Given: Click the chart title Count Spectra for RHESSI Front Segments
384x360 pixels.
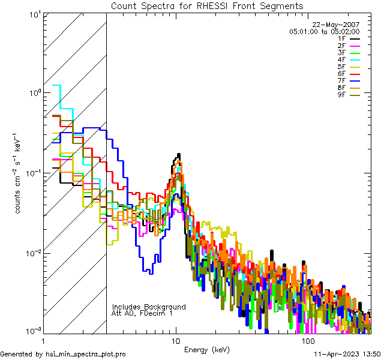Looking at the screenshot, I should pyautogui.click(x=207, y=5).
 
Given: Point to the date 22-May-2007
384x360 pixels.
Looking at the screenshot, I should pyautogui.click(x=338, y=25).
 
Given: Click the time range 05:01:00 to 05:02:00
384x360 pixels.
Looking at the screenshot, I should pyautogui.click(x=324, y=31).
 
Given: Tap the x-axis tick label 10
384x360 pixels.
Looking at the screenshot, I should pyautogui.click(x=175, y=340).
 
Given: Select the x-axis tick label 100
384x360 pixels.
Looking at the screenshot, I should pyautogui.click(x=308, y=340).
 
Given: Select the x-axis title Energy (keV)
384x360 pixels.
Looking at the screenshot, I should pyautogui.click(x=207, y=349).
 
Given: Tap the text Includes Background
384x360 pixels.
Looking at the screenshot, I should pyautogui.click(x=149, y=307).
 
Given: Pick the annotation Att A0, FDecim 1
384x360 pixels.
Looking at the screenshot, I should pyautogui.click(x=142, y=313).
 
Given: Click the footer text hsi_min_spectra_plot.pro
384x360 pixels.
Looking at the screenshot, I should pyautogui.click(x=86, y=354).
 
